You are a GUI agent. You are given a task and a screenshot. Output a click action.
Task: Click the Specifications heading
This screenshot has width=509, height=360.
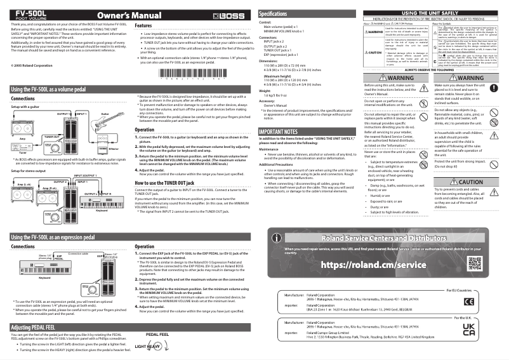pos(278,13)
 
